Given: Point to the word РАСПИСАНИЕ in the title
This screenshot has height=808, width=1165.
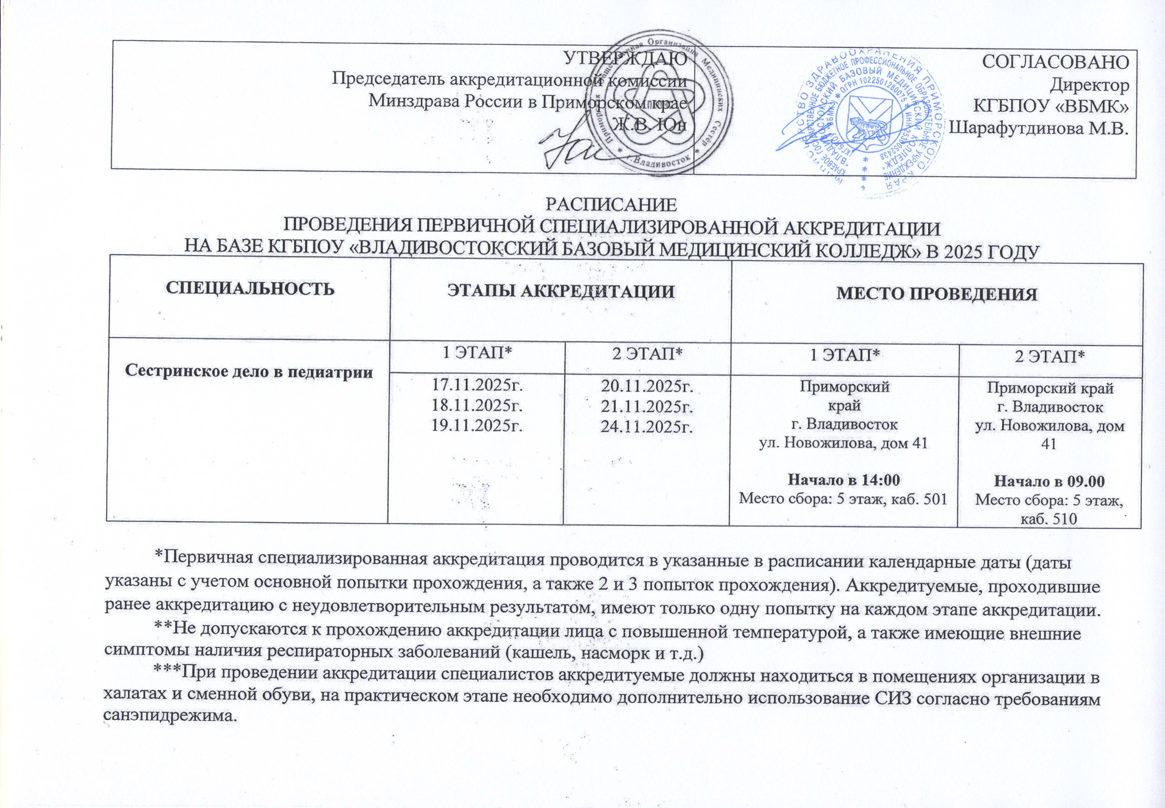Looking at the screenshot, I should point(611,205).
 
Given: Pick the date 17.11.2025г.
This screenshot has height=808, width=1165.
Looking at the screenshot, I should point(476,385).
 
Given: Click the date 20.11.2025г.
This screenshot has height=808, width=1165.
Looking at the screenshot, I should point(646,386).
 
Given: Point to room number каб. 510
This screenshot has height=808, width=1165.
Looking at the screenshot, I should point(1050,518).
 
